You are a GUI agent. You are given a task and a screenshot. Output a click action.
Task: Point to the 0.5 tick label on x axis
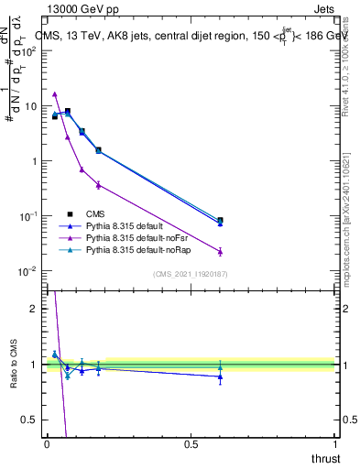point(190,443)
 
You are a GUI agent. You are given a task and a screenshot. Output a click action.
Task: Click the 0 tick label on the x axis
point(47,443)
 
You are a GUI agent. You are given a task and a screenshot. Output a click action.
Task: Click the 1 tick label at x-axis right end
point(334,443)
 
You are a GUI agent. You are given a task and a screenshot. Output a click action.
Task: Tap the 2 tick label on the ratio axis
point(34,309)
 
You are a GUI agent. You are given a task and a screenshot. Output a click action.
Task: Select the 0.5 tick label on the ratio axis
point(29,420)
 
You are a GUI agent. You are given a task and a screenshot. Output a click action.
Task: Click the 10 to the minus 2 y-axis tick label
point(27,271)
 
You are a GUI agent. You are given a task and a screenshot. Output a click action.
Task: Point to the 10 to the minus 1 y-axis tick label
point(27,216)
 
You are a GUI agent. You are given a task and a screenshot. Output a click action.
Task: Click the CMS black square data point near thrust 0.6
point(220,220)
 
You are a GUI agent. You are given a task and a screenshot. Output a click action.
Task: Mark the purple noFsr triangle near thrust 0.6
point(220,251)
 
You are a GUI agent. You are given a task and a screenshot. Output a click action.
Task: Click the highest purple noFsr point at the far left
point(55,93)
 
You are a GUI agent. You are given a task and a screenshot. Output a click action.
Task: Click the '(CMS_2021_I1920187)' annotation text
point(191,274)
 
